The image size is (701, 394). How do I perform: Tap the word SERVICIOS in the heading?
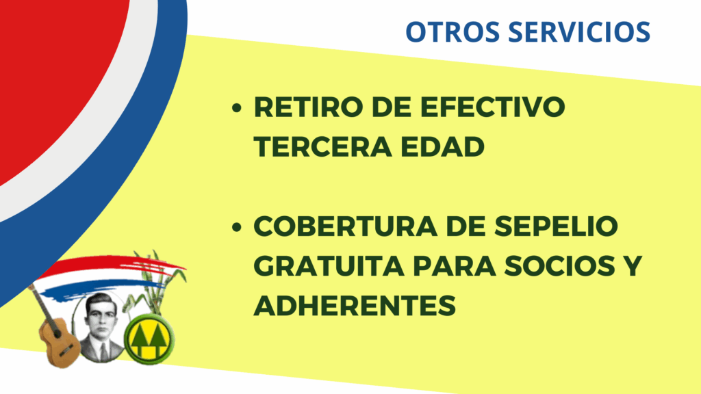(579, 31)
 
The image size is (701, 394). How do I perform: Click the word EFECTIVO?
(493, 107)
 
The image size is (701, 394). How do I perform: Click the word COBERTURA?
(346, 226)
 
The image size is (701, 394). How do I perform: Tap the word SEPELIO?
(556, 226)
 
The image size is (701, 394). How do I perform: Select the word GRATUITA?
(329, 266)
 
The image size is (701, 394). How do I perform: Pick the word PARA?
(455, 266)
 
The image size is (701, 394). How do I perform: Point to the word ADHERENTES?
(355, 306)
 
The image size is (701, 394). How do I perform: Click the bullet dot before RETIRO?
(237, 107)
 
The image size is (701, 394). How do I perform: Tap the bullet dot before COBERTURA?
(237, 227)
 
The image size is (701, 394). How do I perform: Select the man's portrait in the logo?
(100, 327)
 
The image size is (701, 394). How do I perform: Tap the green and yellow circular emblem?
(149, 339)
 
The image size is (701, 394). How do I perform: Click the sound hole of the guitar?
(58, 334)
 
